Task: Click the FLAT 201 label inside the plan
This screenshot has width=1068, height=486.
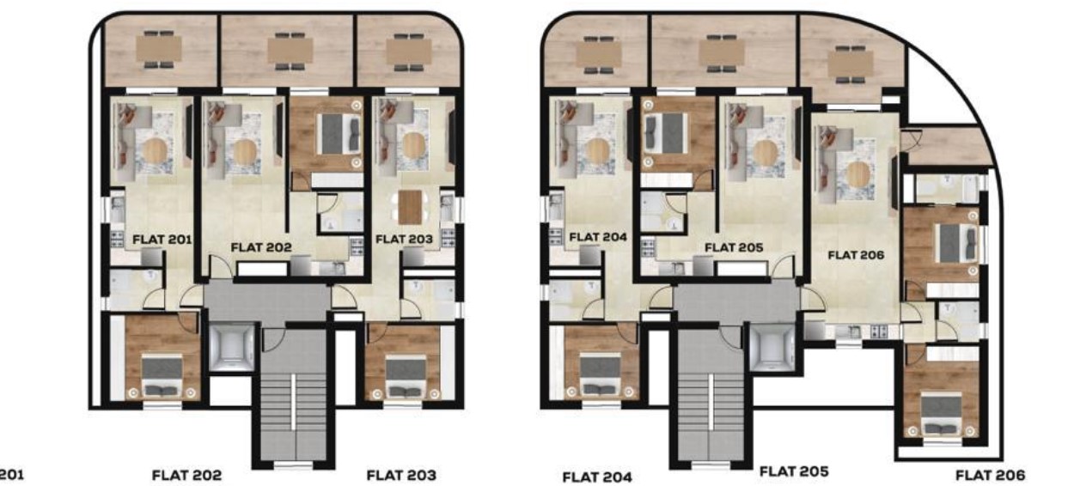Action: [162, 240]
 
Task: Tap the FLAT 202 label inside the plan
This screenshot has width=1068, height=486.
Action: [261, 247]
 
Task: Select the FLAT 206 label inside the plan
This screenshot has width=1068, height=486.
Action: [856, 255]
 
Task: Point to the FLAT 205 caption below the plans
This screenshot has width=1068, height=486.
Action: [794, 471]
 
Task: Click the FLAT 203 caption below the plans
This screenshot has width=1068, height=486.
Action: [401, 475]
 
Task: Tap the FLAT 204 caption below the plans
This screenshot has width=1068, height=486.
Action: [597, 477]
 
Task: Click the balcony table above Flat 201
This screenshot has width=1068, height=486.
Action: [159, 49]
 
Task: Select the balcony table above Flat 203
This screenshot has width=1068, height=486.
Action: [409, 52]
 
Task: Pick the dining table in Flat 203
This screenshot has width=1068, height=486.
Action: [410, 207]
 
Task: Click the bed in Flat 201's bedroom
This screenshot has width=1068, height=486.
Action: [162, 375]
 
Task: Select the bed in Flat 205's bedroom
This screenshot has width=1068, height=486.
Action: [666, 133]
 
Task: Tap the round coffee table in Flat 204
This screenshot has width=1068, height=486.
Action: [597, 151]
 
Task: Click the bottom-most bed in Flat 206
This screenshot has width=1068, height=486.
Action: [940, 414]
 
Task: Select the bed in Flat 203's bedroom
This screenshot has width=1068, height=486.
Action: [406, 375]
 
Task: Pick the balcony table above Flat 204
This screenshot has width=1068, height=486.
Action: [598, 54]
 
